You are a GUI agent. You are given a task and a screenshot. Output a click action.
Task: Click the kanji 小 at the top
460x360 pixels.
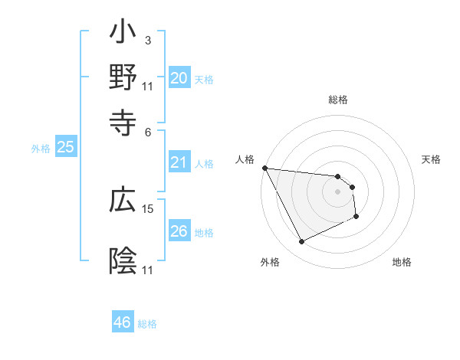pyautogui.click(x=123, y=35)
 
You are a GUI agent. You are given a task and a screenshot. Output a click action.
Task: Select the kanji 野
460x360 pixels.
pyautogui.click(x=123, y=77)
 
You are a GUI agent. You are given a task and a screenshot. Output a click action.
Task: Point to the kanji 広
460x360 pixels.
pyautogui.click(x=123, y=202)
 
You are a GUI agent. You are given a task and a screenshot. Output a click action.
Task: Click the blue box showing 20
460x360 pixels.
pyautogui.click(x=179, y=78)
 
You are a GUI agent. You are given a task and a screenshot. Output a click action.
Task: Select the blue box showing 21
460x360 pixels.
pyautogui.click(x=179, y=162)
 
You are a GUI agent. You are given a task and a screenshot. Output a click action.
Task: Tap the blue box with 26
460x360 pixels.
pyautogui.click(x=179, y=231)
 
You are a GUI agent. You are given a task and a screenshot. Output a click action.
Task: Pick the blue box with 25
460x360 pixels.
pyautogui.click(x=65, y=148)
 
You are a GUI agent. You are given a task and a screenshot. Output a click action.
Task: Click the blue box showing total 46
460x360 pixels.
pyautogui.click(x=122, y=322)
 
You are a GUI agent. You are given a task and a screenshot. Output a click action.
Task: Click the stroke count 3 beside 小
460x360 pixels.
pyautogui.click(x=147, y=40)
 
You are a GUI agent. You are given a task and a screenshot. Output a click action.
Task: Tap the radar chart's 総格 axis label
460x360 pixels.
pyautogui.click(x=337, y=100)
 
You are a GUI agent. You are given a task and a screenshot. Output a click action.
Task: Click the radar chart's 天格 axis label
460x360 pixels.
pyautogui.click(x=431, y=159)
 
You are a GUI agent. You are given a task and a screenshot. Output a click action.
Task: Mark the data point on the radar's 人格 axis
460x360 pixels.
pyautogui.click(x=264, y=168)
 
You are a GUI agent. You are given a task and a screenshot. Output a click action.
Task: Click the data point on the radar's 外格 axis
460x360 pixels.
pyautogui.click(x=301, y=242)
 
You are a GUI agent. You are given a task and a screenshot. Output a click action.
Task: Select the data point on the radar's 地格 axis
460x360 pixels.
pyautogui.click(x=356, y=218)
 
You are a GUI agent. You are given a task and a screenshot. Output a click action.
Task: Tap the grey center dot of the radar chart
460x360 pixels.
pyautogui.click(x=337, y=191)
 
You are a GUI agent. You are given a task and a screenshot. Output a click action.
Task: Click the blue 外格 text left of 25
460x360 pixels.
pyautogui.click(x=41, y=149)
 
